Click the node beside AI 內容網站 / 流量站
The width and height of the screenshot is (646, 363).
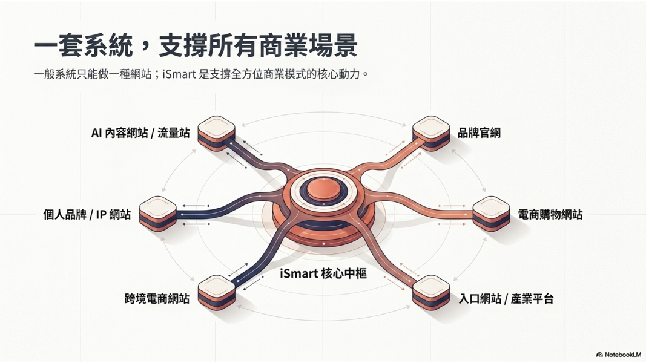(x=216, y=131)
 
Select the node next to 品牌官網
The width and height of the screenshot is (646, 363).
(x=431, y=132)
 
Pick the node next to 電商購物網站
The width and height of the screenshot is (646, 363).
(x=491, y=212)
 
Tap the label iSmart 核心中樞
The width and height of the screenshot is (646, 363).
(x=323, y=273)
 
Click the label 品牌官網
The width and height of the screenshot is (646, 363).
(x=479, y=133)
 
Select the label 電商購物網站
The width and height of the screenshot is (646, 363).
(x=550, y=214)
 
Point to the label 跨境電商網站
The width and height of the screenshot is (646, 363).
(x=157, y=299)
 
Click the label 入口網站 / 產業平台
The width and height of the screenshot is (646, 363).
(x=506, y=299)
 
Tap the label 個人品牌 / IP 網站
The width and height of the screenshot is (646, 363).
(x=87, y=214)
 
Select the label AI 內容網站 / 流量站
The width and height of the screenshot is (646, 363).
(x=140, y=133)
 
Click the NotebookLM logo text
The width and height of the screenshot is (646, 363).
(x=622, y=355)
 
